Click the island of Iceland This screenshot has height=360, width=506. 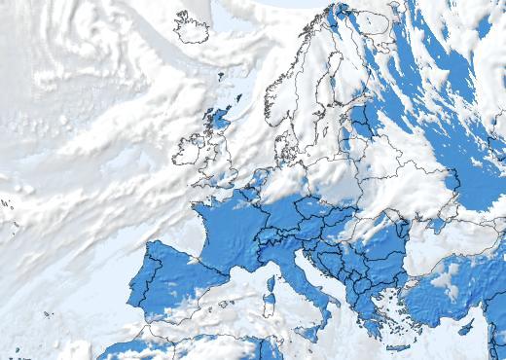(192, 27)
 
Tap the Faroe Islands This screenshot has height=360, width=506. (221, 73)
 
